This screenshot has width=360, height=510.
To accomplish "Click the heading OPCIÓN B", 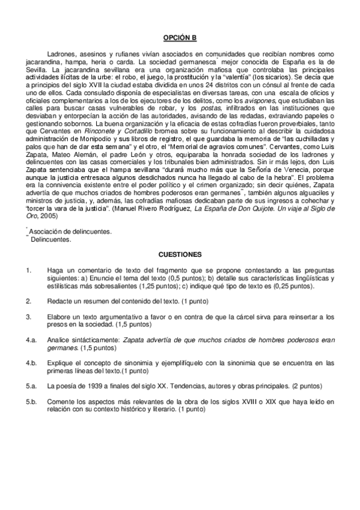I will click(180, 37).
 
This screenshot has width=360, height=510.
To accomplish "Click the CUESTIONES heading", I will click(180, 254).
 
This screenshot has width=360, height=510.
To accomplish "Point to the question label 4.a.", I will click(31, 340).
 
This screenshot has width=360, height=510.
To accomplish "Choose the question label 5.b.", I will click(31, 400).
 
